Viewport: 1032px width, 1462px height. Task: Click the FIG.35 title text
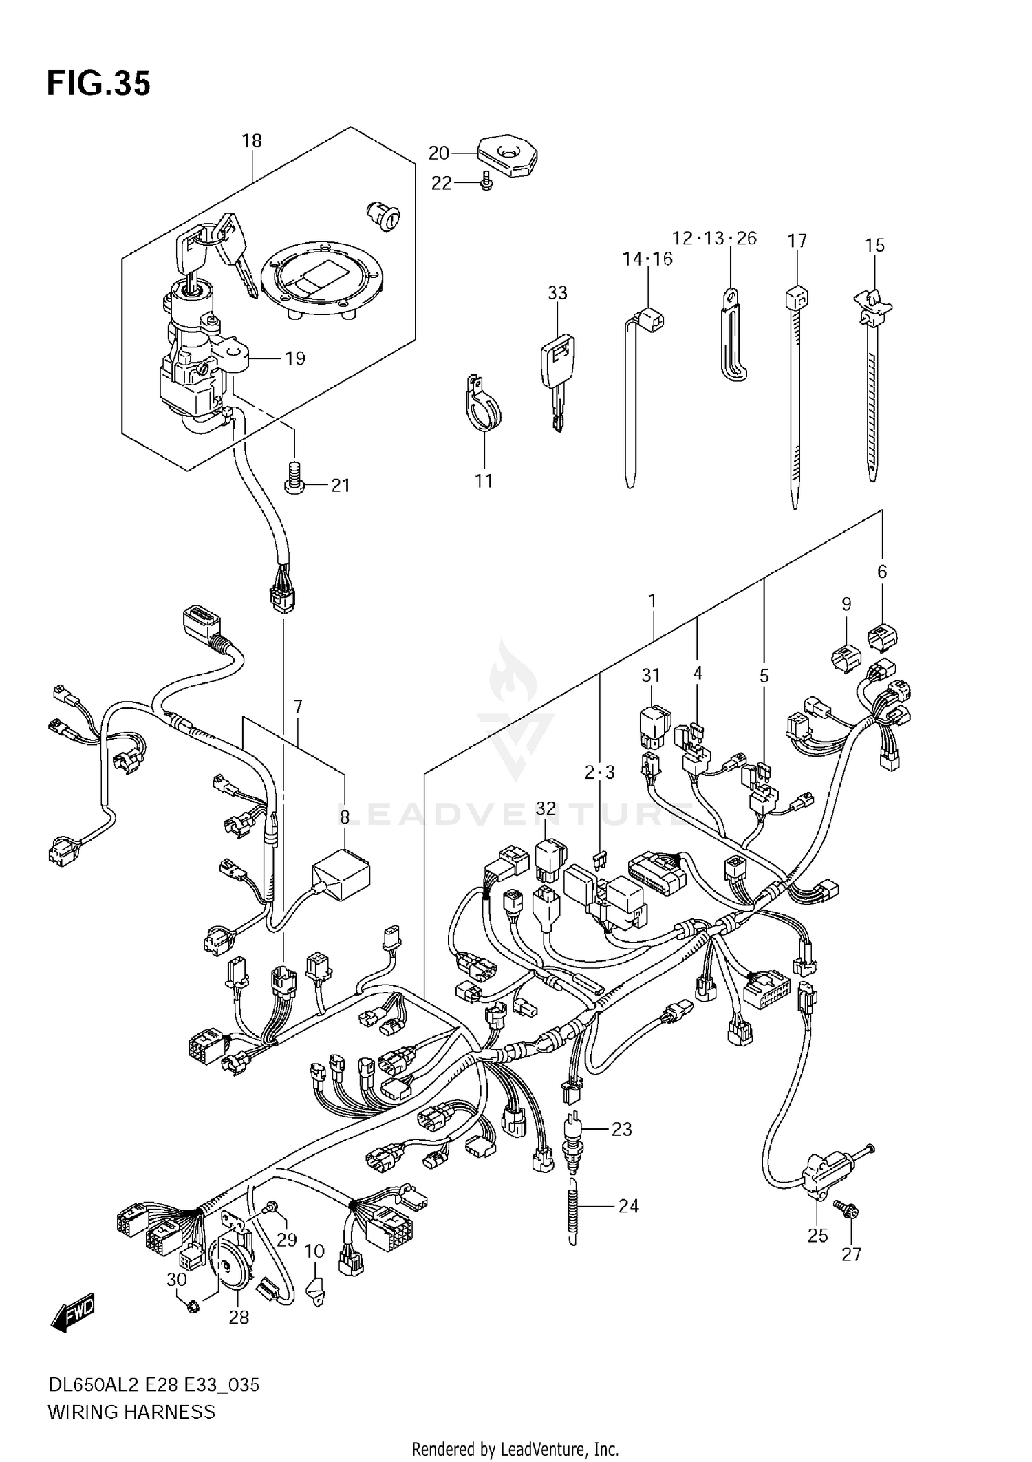[x=98, y=84]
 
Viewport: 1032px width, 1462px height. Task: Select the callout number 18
[x=252, y=141]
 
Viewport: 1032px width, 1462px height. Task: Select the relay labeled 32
[x=550, y=859]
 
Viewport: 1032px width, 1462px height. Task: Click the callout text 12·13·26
[x=714, y=238]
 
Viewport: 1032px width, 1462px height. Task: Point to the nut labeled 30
[x=194, y=1305]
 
